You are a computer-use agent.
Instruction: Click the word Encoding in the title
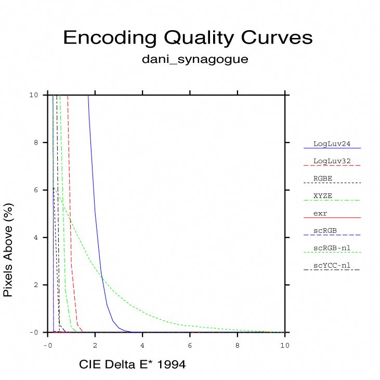110,38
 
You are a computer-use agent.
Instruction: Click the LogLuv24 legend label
330,143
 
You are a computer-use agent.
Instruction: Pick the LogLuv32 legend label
330,161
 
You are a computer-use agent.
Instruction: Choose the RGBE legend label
323,178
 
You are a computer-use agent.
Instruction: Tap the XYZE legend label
323,195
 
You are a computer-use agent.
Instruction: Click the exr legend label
320,213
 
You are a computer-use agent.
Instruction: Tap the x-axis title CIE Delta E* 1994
132,365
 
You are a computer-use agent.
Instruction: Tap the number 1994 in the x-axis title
171,365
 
